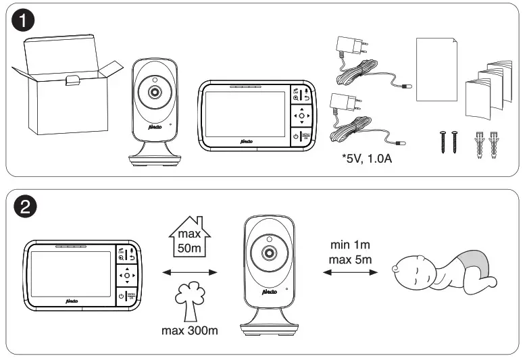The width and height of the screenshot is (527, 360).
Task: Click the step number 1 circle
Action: [x=24, y=22]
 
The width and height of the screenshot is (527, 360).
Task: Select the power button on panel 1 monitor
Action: [x=295, y=136]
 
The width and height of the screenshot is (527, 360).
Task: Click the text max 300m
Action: [x=189, y=331]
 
